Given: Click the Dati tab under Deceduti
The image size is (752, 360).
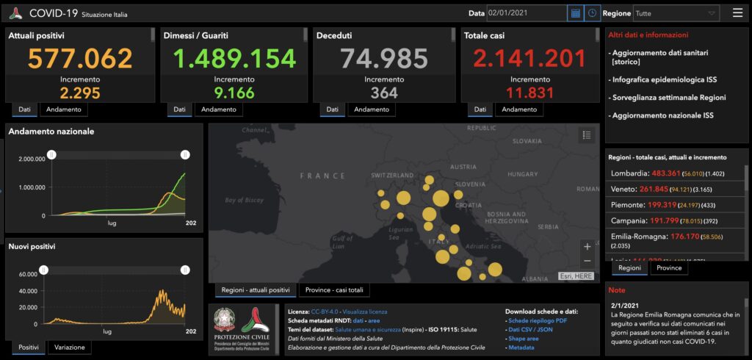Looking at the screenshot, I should pyautogui.click(x=332, y=109).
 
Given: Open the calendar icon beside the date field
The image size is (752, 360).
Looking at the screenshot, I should pyautogui.click(x=576, y=13).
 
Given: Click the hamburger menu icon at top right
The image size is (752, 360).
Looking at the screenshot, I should pyautogui.click(x=737, y=13).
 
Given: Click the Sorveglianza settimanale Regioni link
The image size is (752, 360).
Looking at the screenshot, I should pyautogui.click(x=668, y=98).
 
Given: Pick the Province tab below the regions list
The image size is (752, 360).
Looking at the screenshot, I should pyautogui.click(x=668, y=268).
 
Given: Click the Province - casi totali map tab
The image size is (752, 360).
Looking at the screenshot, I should pyautogui.click(x=334, y=290).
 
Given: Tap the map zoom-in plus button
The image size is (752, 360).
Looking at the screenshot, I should pyautogui.click(x=587, y=246).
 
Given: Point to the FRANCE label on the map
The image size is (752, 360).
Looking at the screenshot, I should pyautogui.click(x=322, y=176).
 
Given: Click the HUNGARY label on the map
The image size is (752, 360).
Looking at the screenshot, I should pyautogui.click(x=523, y=175).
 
